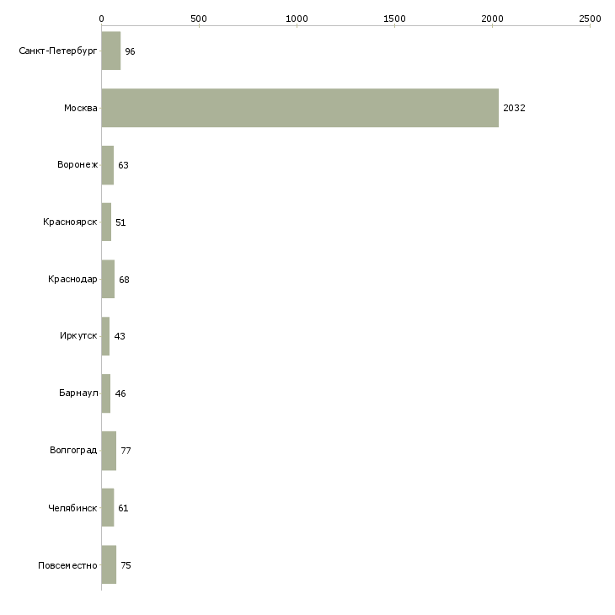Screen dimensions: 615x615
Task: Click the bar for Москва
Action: pyautogui.click(x=300, y=108)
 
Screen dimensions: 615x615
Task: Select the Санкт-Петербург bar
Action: pyautogui.click(x=111, y=51)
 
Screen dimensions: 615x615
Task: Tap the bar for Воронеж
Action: pyautogui.click(x=108, y=165)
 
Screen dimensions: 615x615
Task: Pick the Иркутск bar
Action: pyautogui.click(x=105, y=336)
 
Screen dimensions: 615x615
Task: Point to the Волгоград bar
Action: pyautogui.click(x=109, y=451)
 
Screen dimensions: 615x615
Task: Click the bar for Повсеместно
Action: pyautogui.click(x=109, y=564)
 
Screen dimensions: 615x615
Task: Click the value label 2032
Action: pyautogui.click(x=514, y=108)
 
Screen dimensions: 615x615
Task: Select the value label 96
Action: pyautogui.click(x=130, y=51)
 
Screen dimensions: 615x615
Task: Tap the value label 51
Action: pyautogui.click(x=120, y=222)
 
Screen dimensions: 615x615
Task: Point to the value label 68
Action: pyautogui.click(x=124, y=280)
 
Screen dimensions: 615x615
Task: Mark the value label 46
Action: pyautogui.click(x=120, y=393)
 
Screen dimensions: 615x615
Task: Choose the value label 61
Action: pyautogui.click(x=123, y=508)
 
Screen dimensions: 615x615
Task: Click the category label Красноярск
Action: pyautogui.click(x=70, y=222)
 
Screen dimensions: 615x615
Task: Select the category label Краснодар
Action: pyautogui.click(x=72, y=279)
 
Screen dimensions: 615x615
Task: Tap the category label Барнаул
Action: pyautogui.click(x=78, y=393)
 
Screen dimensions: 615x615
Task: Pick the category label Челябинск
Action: pyautogui.click(x=72, y=508)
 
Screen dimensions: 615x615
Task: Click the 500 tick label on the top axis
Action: pyautogui.click(x=199, y=19)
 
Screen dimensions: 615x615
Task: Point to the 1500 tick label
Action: pyautogui.click(x=394, y=19)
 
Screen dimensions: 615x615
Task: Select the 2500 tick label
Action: pyautogui.click(x=590, y=19)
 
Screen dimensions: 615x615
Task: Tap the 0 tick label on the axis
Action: pyautogui.click(x=102, y=19)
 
